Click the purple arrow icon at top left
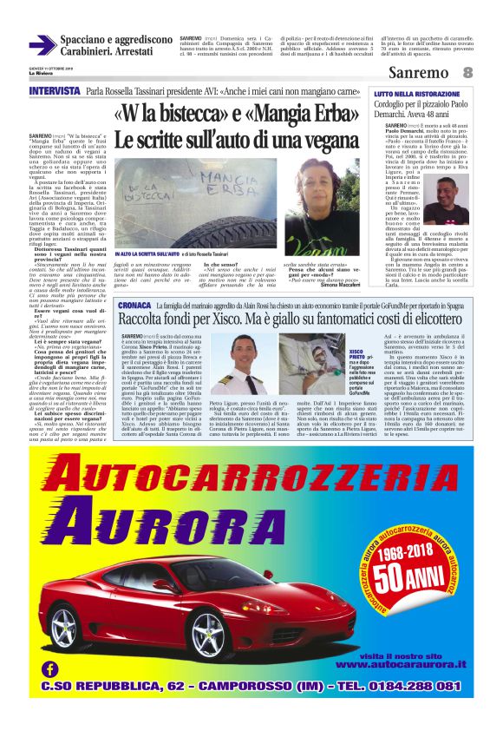42,45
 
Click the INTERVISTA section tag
54,92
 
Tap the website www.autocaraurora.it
398,665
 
